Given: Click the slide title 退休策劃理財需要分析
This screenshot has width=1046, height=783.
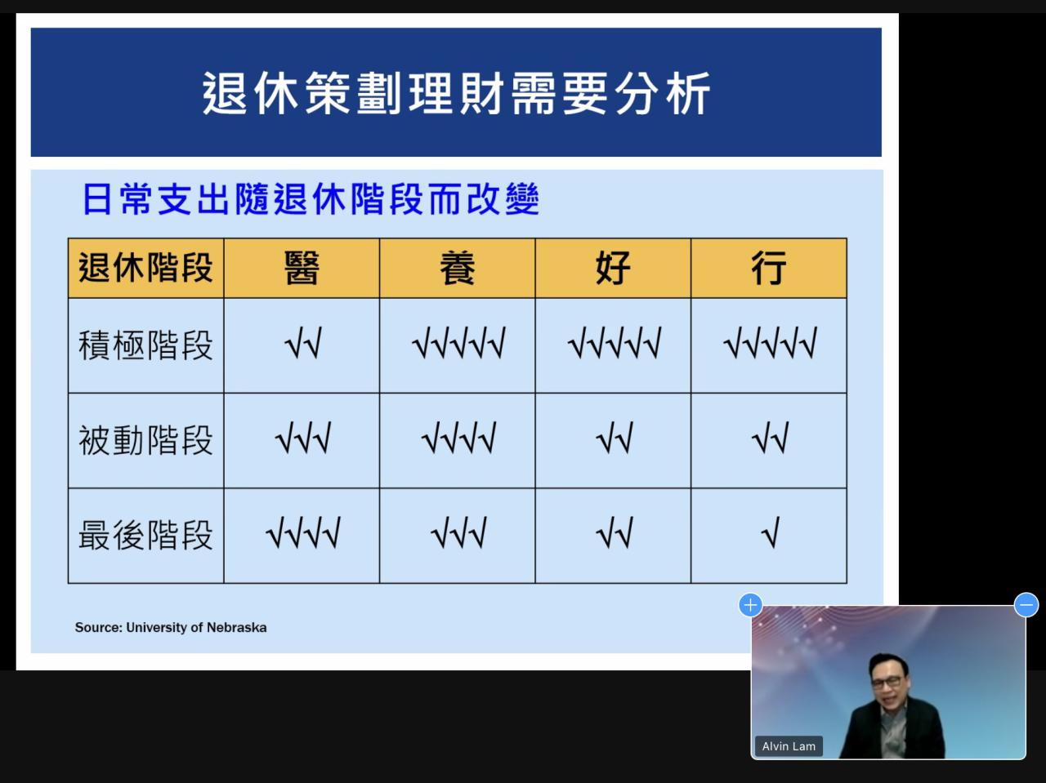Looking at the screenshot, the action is coord(456,93).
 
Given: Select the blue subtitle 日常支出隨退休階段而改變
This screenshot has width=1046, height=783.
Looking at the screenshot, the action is coord(311,199).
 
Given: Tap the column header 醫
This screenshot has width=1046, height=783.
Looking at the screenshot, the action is coord(302,268).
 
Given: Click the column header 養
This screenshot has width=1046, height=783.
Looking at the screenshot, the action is coord(458,268).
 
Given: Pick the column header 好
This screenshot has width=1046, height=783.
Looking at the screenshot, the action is coord(613,268).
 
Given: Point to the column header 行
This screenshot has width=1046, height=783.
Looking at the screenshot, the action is coord(769,268).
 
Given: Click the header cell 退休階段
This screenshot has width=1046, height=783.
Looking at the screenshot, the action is coord(145,268).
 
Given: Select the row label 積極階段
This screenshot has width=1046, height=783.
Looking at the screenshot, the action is coord(145,345).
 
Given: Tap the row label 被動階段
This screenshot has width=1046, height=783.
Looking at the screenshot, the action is coord(145,440).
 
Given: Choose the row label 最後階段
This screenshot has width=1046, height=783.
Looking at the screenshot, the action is coord(145,535).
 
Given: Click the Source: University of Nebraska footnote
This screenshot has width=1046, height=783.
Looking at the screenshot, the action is coord(171,627).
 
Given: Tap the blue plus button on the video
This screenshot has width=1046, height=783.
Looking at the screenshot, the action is coord(750,605).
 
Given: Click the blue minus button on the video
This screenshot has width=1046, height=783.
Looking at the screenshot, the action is coord(1026,605).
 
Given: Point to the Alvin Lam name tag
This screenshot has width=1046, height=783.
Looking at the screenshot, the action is coord(789,746).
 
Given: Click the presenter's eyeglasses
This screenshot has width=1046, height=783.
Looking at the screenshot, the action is coord(887,682).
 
